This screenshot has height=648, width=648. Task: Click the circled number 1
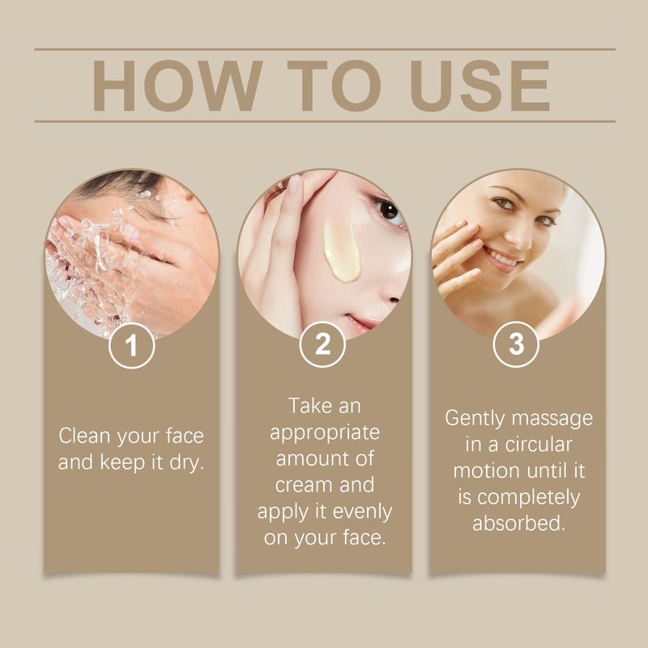click(x=130, y=346)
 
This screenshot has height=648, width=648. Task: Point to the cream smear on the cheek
click(x=341, y=252)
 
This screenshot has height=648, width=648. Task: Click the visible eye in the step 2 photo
click(x=390, y=213)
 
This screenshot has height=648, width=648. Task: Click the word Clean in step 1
click(x=85, y=436)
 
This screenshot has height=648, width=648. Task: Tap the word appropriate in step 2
click(x=324, y=431)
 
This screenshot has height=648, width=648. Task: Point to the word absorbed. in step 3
click(x=518, y=522)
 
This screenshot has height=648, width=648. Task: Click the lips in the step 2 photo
click(x=361, y=322)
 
